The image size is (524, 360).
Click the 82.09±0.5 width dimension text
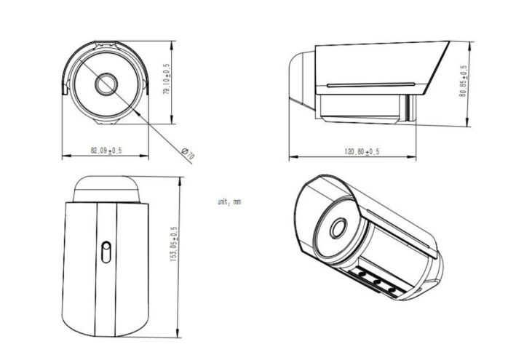coord(106,150)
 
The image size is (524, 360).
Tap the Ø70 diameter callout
coord(188,153)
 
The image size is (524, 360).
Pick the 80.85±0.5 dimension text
coord(464,86)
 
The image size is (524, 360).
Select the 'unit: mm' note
coord(229,201)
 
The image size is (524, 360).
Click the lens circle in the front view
coord(106,83)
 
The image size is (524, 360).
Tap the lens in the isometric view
coord(338,228)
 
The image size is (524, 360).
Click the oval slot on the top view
coord(105,252)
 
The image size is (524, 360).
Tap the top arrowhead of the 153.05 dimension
coord(179,179)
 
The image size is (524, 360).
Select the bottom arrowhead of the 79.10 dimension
coord(172,121)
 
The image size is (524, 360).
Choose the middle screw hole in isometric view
coord(376,281)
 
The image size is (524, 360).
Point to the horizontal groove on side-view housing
coord(371,84)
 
